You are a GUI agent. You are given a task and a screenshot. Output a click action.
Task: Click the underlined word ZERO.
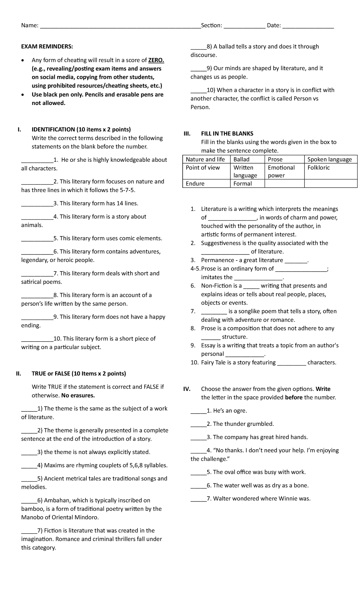click(156, 60)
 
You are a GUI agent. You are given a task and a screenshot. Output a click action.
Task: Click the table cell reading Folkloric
click(318, 168)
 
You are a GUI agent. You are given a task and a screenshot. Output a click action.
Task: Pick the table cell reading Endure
click(195, 184)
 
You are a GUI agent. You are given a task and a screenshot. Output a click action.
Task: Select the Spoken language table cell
click(329, 159)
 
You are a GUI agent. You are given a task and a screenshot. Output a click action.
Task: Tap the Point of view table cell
click(203, 168)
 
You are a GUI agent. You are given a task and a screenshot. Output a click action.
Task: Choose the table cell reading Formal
click(242, 184)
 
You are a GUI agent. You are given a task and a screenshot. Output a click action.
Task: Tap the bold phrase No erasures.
click(78, 396)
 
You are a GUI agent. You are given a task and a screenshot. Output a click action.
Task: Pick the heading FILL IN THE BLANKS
click(227, 134)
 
